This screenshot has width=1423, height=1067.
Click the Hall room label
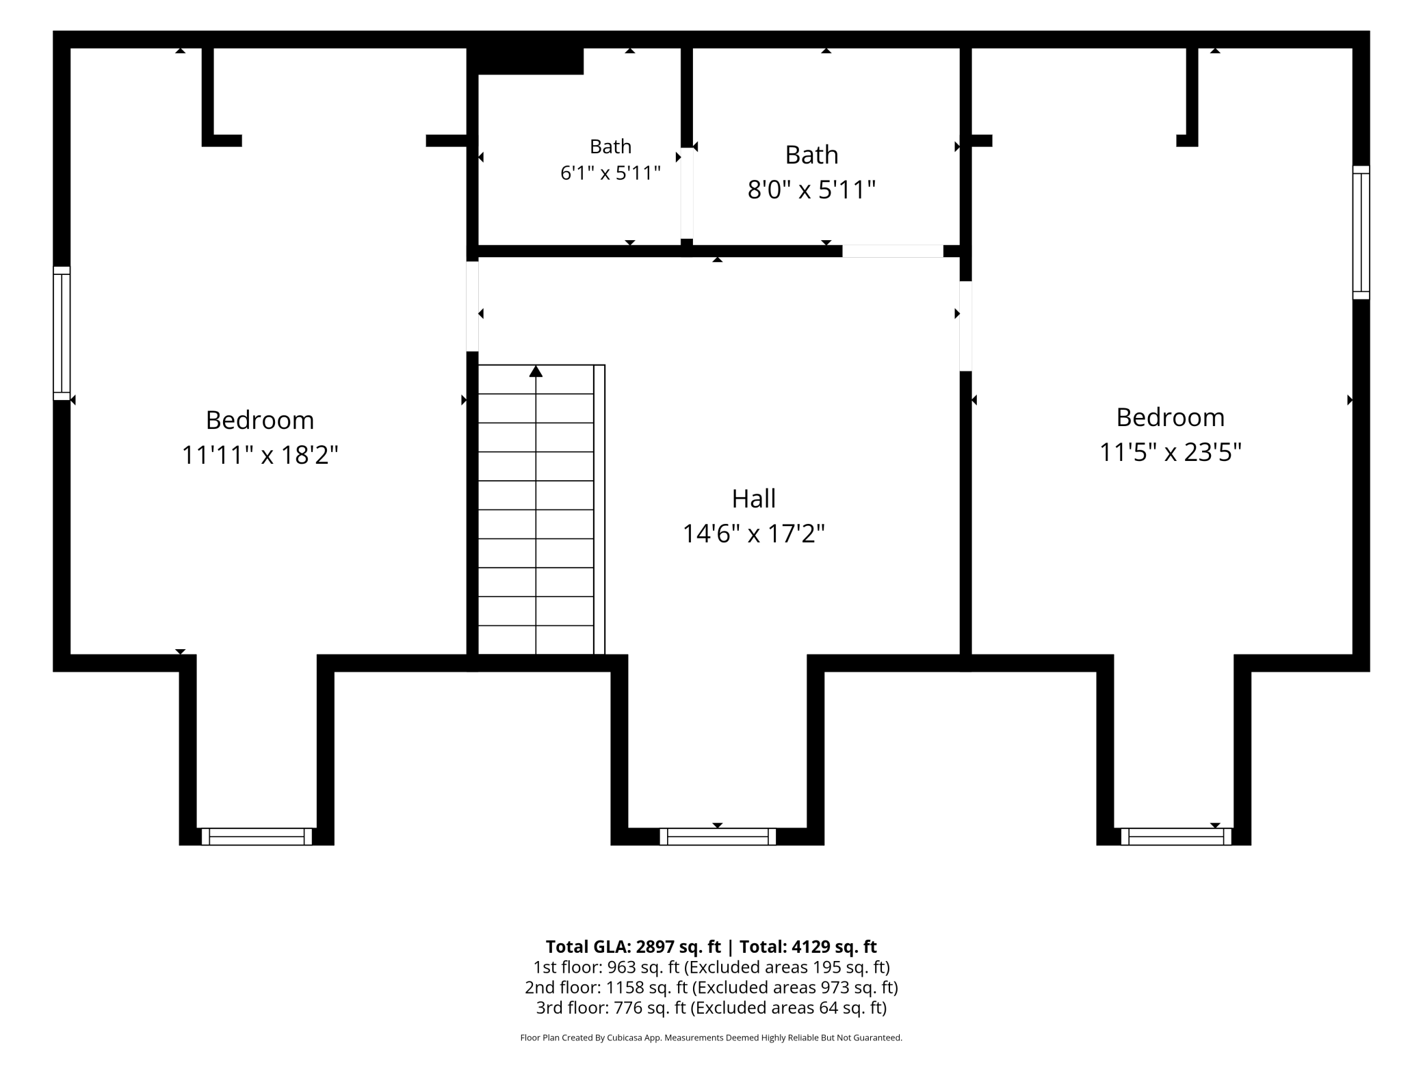click(x=753, y=499)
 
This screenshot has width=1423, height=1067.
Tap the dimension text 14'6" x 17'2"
click(x=753, y=533)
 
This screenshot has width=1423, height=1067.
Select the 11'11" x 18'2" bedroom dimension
click(x=260, y=455)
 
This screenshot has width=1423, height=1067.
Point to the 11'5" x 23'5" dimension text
click(x=1170, y=452)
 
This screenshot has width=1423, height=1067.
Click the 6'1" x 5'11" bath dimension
click(x=610, y=173)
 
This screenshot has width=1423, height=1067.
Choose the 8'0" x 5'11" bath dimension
click(x=811, y=189)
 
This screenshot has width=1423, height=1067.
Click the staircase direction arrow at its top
click(x=536, y=371)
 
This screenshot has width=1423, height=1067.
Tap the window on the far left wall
click(x=62, y=333)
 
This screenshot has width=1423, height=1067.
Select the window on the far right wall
click(x=1361, y=233)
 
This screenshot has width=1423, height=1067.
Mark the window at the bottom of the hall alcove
click(x=718, y=837)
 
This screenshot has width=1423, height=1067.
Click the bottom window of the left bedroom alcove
click(x=257, y=837)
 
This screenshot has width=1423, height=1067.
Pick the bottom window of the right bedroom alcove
click(x=1176, y=837)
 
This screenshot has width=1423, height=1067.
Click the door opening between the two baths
click(x=687, y=194)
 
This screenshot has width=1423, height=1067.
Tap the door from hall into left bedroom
click(x=472, y=306)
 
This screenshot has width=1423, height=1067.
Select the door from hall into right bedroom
click(x=965, y=326)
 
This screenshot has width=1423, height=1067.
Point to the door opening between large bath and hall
click(x=892, y=251)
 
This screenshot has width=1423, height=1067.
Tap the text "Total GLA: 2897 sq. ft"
click(x=634, y=947)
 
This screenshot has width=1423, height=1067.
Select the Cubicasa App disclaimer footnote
click(x=711, y=1038)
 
